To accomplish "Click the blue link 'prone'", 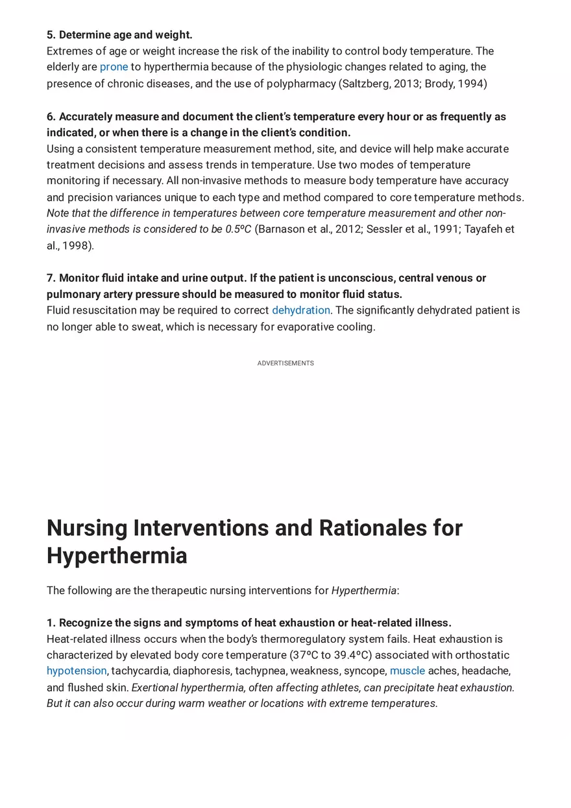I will (114, 67).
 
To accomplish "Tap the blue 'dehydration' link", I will (301, 310).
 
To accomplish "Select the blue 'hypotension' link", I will (77, 671).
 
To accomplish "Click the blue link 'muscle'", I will (407, 671).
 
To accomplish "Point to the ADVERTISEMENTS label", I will (285, 364).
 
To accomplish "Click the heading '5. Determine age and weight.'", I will (119, 35).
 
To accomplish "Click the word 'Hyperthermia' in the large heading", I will (117, 556).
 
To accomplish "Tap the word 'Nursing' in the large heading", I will (87, 528).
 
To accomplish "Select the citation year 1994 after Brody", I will (470, 84).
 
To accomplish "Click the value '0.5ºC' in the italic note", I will (238, 229).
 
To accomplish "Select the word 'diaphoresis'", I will (202, 671).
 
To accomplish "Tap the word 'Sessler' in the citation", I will (384, 229).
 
